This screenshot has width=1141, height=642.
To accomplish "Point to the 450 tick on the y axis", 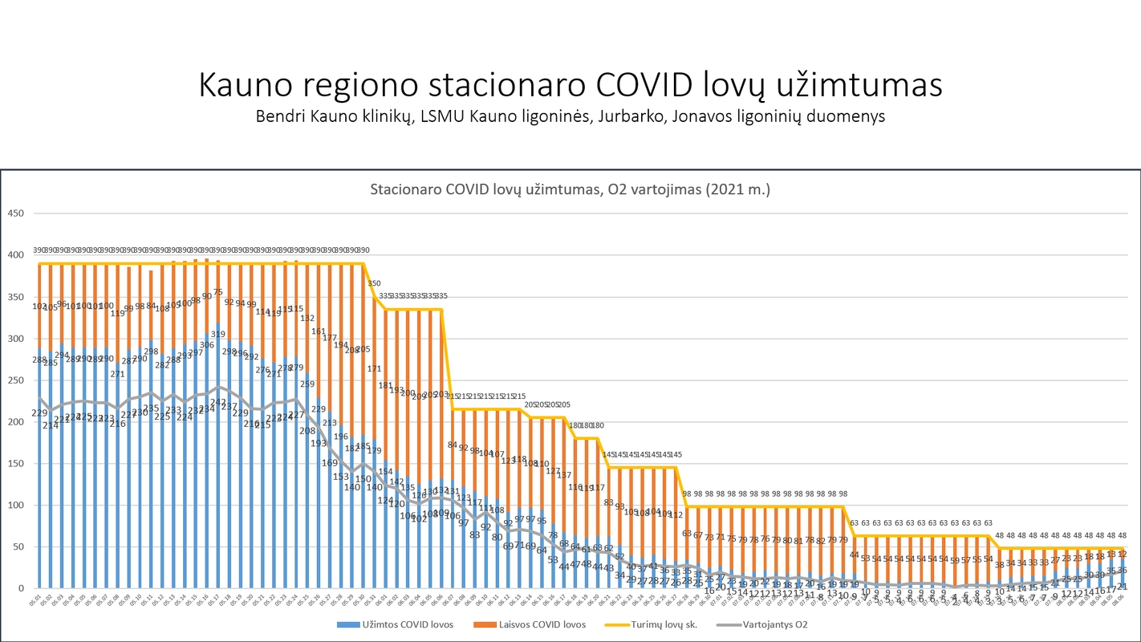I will pos(15,213).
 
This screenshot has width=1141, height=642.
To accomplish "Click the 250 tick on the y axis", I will pos(15,380).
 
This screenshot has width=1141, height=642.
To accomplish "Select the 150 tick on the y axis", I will pos(15,464).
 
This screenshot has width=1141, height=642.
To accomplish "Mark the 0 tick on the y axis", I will pos(22,588).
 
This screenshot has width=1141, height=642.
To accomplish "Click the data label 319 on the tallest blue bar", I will pos(218,334).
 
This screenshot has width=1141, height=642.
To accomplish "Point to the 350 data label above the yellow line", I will pos(375,283).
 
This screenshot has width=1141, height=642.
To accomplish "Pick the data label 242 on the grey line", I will pos(218,402).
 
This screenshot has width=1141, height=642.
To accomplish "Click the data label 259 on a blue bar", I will pos(307,384).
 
